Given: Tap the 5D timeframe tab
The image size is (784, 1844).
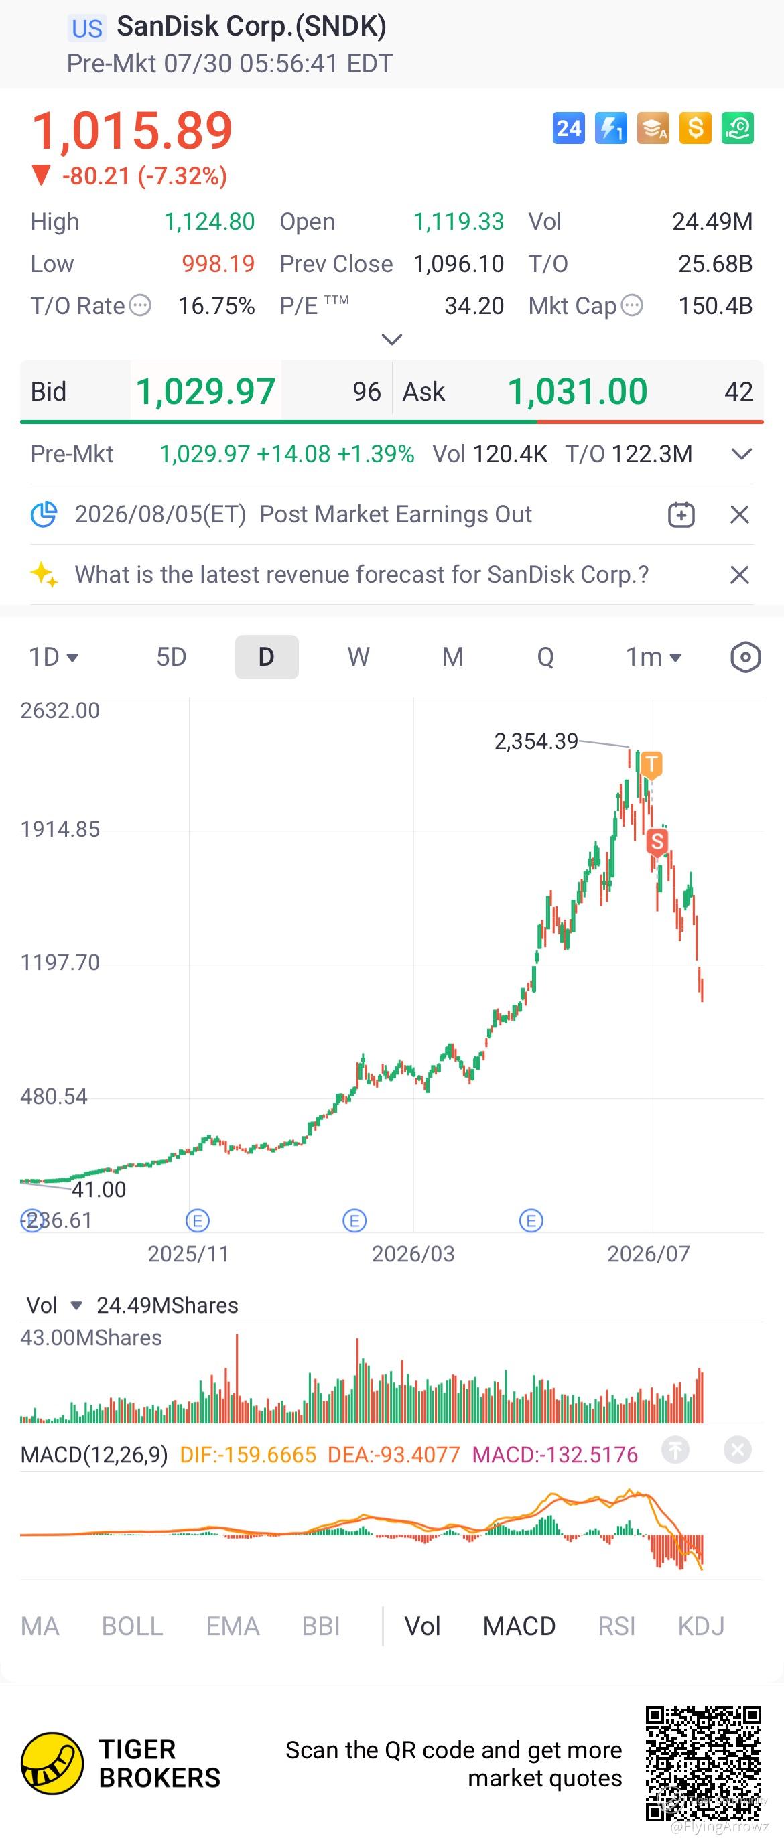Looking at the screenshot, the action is pos(171,656).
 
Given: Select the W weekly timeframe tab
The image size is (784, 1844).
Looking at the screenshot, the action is pos(358,656).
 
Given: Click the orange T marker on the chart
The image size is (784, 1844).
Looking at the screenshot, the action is pos(651,764).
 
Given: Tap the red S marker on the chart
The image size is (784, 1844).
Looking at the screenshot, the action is pos(657,841).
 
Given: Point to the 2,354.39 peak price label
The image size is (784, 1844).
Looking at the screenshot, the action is pos(536,741).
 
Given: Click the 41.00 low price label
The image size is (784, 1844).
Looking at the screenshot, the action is pos(99,1189).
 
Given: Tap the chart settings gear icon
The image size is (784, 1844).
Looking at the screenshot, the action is pos(745,657).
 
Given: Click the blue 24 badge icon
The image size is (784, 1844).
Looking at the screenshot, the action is pos(568,128).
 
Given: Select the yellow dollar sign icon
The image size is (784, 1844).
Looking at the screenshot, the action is pos(696,128).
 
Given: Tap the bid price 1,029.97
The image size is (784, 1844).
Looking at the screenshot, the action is pos(206,392).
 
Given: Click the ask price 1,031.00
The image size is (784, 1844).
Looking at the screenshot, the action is pos(578,392).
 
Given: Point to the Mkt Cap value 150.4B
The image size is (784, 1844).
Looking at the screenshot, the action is pos(715,305).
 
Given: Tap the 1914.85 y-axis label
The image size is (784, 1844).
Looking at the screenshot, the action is pos(60,829).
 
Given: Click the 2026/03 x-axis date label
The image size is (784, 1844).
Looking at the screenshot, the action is pos(413,1253).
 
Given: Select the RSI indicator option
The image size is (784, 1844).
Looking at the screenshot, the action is pos(616,1626).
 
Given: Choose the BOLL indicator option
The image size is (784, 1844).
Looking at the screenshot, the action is pos(133,1626).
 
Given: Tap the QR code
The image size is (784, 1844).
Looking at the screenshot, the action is pos(703,1762).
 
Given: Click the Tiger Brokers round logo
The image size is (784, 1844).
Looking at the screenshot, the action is pos(52,1763).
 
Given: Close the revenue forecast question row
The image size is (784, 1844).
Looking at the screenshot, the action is pos(740,575).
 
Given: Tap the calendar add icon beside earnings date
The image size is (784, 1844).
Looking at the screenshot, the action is pos(681,514).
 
